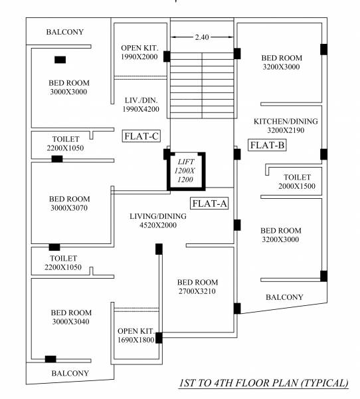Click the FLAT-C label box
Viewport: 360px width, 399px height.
pos(141,136)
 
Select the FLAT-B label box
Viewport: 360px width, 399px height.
pos(267,145)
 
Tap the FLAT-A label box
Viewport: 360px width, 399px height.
pos(210,203)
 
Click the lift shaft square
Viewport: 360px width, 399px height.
pos(186,172)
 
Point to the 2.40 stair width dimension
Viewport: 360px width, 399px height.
pos(202,37)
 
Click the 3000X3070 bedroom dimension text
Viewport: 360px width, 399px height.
pos(69,208)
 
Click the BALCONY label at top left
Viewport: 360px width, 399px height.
pos(65,32)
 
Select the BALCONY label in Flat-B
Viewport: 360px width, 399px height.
pos(284,297)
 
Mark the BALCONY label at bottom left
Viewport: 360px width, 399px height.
pos(70,374)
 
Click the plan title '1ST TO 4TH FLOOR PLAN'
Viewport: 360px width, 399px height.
pos(263,384)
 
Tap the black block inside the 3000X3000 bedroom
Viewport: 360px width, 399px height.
pos(60,60)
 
